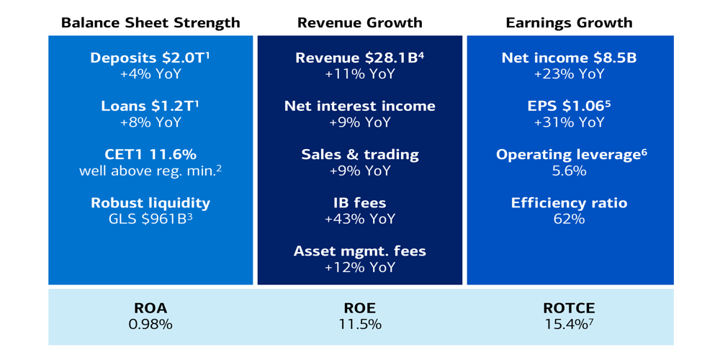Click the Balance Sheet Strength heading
pos(150,22)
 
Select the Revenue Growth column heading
pos(359,22)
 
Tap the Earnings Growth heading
pos(569,22)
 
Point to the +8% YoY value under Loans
pos(150,122)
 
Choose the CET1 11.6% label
pos(150,154)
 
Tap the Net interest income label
pos(359,106)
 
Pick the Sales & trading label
pos(359,154)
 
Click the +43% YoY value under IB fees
pos(359,219)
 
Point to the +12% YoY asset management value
pos(359,267)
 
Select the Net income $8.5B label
pos(569,58)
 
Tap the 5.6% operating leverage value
pos(569,171)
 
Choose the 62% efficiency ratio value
pos(569,219)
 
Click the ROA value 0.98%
pos(150,325)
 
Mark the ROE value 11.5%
pos(359,325)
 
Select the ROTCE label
pos(569,308)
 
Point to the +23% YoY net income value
pos(569,73)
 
